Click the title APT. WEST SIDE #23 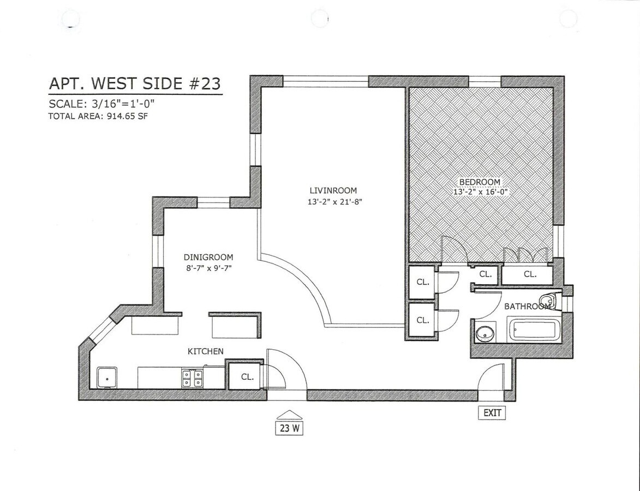pos(135,83)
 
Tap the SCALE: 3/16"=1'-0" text pos(101,104)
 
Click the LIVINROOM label pos(333,190)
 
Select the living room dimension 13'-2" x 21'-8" pos(334,201)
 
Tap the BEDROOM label pos(479,182)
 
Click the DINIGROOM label pos(208,258)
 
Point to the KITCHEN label pos(205,351)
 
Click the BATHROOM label pos(527,307)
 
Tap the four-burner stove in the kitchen pos(192,378)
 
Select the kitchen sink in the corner pos(107,377)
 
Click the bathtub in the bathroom pos(533,331)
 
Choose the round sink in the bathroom pos(485,333)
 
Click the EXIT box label pos(492,413)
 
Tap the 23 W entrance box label pos(289,428)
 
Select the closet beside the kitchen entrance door pos(246,376)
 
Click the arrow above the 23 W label pos(289,414)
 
